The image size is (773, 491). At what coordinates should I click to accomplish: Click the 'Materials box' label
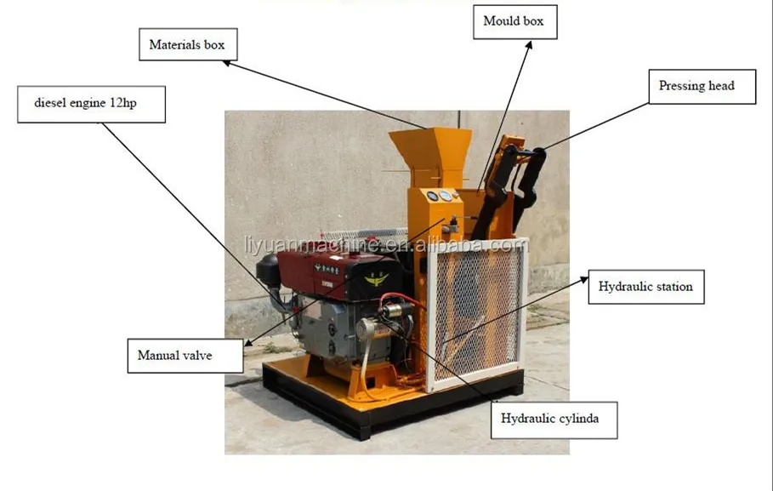(x=187, y=44)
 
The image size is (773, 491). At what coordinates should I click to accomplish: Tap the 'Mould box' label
(x=514, y=21)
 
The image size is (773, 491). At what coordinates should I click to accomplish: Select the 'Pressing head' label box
(x=696, y=86)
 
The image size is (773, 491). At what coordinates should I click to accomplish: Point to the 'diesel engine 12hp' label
(x=90, y=103)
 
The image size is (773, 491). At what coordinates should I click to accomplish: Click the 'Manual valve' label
(x=174, y=355)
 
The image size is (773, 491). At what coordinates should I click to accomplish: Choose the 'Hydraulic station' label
(x=645, y=287)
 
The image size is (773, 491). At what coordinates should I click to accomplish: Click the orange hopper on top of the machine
(x=429, y=148)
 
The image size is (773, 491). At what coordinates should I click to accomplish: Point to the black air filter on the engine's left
(x=270, y=270)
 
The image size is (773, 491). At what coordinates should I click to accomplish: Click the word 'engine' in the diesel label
(x=95, y=103)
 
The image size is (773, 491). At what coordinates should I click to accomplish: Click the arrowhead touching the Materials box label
(x=228, y=61)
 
